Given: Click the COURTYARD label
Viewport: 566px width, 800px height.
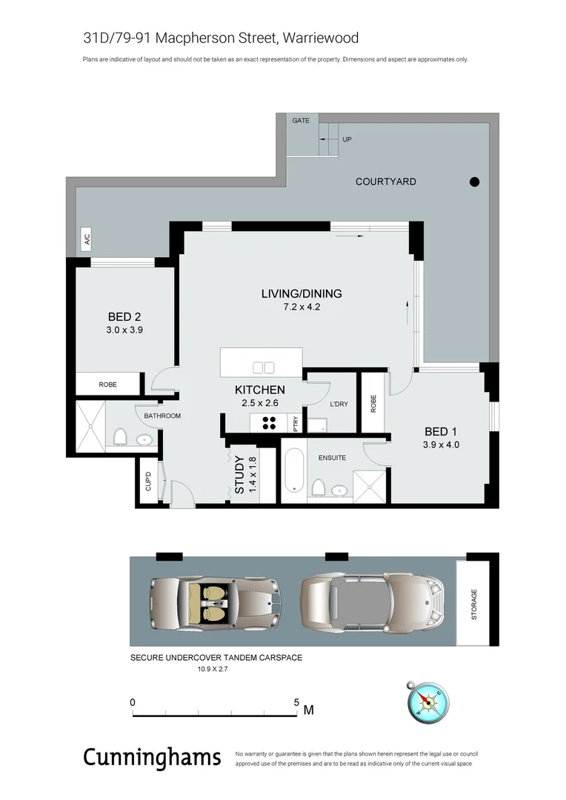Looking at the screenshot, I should click(x=385, y=181).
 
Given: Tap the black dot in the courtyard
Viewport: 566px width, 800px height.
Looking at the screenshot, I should click(x=475, y=182).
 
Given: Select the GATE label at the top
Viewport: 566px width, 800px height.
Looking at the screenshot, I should click(x=300, y=120).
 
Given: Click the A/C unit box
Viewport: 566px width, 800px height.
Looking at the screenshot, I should click(x=86, y=239).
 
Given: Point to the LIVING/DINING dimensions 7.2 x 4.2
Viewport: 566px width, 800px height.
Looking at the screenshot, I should click(x=301, y=307).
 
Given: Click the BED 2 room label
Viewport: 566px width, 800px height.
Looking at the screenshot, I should click(x=124, y=317).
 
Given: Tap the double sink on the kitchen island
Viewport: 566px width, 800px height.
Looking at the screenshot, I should click(x=263, y=367).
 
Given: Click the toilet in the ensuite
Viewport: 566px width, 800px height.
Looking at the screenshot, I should click(x=318, y=488).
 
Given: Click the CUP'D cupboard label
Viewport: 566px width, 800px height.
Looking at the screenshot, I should click(x=148, y=481).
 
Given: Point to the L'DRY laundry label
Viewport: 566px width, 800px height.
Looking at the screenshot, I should click(x=338, y=404).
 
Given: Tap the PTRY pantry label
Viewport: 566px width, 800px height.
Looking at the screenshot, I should click(x=296, y=424).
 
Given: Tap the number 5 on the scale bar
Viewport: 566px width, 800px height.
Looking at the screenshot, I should click(x=296, y=702).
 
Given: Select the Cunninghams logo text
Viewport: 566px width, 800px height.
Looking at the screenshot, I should click(x=152, y=757).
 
